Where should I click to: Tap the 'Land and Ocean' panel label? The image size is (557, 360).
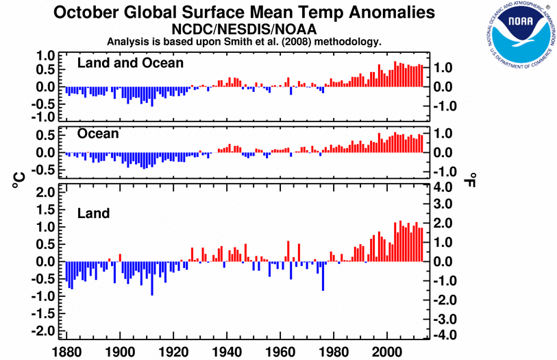coord(130,63)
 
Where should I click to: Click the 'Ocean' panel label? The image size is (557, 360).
coord(98,134)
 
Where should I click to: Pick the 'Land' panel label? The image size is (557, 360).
coord(93,213)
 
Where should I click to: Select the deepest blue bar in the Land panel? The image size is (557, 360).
coord(152,278)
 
